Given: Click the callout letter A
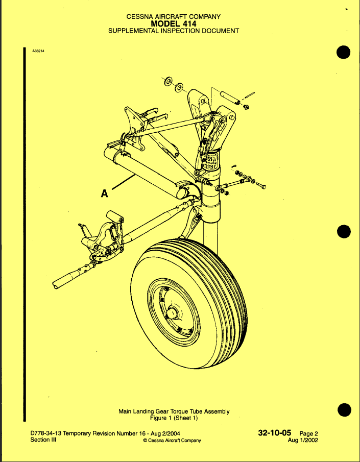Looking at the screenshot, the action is (x=104, y=193).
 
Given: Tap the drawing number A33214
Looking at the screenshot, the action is (x=38, y=51).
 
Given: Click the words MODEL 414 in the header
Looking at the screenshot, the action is (x=174, y=23).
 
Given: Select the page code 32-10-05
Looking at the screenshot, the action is (x=275, y=433).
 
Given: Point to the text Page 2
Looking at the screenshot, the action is (x=309, y=434).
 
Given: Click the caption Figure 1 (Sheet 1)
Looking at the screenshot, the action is (x=174, y=418).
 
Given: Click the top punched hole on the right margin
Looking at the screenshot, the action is (x=344, y=53).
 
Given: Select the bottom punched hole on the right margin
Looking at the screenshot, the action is (x=344, y=410).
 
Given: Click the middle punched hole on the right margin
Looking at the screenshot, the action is (x=344, y=231).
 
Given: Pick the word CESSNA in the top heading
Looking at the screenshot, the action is (x=140, y=17).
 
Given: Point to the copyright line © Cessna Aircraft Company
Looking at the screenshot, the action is (x=172, y=441).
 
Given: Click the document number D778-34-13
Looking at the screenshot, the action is (x=45, y=433).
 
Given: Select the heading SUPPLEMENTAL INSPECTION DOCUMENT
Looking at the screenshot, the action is (x=174, y=31).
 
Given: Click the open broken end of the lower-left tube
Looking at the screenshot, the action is (x=55, y=285).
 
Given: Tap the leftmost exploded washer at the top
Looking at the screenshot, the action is (x=169, y=81).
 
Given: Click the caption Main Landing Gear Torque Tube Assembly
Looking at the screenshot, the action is (x=174, y=411).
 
